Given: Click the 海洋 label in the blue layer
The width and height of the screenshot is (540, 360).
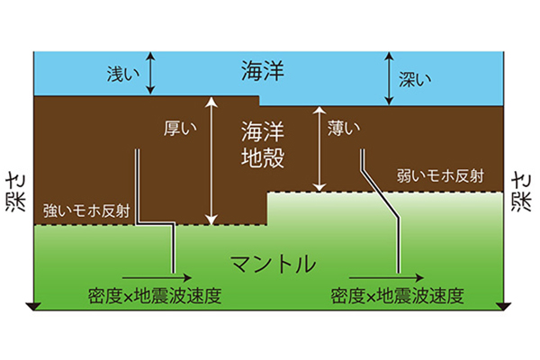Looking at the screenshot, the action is (x=263, y=70).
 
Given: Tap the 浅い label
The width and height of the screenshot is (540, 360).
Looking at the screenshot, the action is (x=123, y=74).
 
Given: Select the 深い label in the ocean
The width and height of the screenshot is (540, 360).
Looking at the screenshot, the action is (x=415, y=79).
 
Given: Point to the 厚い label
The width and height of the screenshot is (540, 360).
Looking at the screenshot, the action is (x=180, y=128).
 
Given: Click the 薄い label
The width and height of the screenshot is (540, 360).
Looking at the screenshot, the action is (x=344, y=128).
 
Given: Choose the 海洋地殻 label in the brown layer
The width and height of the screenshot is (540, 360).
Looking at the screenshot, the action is (x=263, y=144).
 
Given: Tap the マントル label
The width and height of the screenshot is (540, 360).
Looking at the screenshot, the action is (x=273, y=264).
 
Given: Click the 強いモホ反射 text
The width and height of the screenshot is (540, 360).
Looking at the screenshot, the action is (x=86, y=211).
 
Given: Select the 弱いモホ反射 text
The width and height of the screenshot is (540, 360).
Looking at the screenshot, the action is (x=440, y=175).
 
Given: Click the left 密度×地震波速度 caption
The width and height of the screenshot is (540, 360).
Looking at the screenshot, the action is (x=154, y=295).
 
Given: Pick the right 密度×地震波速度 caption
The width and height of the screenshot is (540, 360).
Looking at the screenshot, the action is (x=397, y=295).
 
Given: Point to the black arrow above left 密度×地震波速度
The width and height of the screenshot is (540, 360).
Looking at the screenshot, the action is (x=157, y=277).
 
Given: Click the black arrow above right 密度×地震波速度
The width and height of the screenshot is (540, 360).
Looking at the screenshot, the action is (x=386, y=277).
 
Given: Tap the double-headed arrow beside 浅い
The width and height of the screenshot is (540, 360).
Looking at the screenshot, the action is (x=150, y=73).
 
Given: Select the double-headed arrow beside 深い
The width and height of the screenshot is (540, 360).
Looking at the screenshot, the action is (x=389, y=78).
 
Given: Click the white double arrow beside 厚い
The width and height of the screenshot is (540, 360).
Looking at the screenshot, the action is (x=211, y=161).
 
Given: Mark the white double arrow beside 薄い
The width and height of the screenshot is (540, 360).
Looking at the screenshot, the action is (x=319, y=148).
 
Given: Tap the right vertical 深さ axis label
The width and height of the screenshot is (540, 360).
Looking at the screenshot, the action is (x=521, y=193).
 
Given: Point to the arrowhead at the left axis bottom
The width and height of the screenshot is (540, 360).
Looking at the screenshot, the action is (x=33, y=307).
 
